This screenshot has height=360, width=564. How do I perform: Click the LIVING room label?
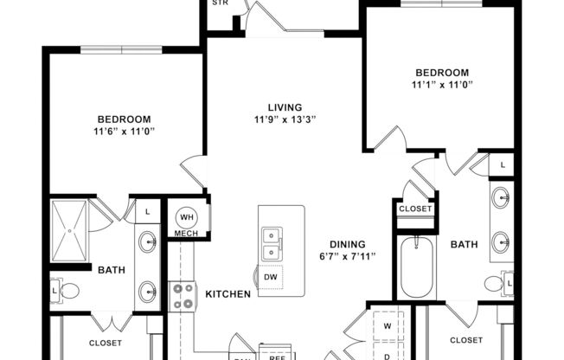click(x=281, y=106)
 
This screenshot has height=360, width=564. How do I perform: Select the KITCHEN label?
click(x=228, y=294)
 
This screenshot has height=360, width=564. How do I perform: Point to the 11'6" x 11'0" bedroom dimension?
click(x=125, y=132)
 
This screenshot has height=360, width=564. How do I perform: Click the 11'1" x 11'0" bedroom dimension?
click(x=442, y=85)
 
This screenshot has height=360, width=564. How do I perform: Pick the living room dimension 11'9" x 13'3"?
click(x=281, y=119)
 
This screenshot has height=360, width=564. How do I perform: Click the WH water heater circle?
click(x=188, y=217)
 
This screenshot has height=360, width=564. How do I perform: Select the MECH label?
click(x=186, y=234)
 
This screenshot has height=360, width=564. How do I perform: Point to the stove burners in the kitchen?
click(x=183, y=295)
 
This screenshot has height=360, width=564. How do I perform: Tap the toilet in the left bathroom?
click(x=67, y=291)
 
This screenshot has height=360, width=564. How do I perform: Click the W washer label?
click(x=387, y=326)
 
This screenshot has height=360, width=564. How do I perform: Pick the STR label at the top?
click(x=220, y=3)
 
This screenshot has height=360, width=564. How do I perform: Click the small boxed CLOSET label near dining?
click(x=414, y=209)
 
